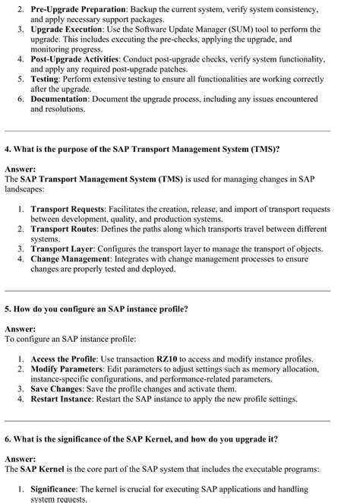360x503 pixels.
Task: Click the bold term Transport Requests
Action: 74,208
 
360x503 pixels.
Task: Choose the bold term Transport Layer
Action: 66,248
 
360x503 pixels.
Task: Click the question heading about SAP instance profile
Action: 96,309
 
